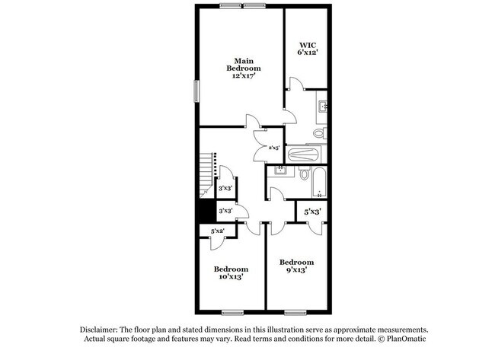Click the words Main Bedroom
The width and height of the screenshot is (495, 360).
point(243,64)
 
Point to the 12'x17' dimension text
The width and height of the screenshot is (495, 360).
point(244,76)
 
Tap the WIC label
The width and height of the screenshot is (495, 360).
point(308,44)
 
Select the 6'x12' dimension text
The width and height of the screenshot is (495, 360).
point(308,53)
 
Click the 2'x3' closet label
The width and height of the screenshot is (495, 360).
point(274,147)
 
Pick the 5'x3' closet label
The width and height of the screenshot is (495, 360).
point(312,212)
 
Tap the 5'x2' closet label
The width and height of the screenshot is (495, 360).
point(217,230)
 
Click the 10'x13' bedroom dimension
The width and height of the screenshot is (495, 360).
point(230,279)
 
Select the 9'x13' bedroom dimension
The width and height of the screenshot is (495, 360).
point(296,271)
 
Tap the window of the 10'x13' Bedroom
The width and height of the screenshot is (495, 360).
point(231,312)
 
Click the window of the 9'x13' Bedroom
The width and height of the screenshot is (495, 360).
point(295,312)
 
